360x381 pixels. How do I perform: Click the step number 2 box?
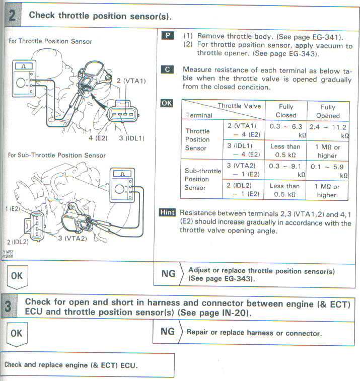pyautogui.click(x=12, y=17)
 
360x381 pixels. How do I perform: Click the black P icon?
pyautogui.click(x=169, y=36)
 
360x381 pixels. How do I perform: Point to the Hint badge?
pyautogui.click(x=168, y=212)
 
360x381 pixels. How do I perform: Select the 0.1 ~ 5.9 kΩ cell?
pyautogui.click(x=328, y=171)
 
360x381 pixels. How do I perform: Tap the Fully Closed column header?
pyautogui.click(x=285, y=111)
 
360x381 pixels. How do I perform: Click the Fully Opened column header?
pyautogui.click(x=328, y=111)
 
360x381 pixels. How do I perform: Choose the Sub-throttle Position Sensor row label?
pyautogui.click(x=202, y=179)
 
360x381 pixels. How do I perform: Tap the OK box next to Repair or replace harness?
pyautogui.click(x=17, y=333)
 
